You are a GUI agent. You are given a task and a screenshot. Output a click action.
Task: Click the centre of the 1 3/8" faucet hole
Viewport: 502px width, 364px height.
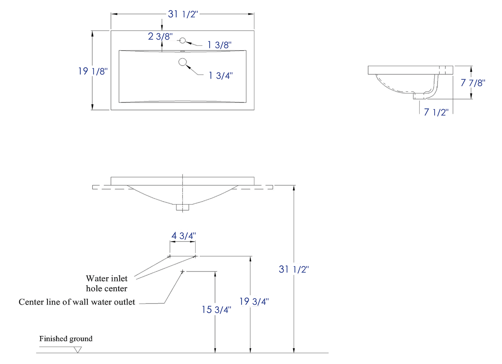point(183,40)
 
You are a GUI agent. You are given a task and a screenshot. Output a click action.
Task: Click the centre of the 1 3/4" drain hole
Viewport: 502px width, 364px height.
point(183,62)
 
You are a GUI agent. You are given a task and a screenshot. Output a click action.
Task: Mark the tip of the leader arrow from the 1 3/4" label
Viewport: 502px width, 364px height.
point(186,65)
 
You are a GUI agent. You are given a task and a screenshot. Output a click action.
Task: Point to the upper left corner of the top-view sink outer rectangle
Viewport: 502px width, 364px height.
point(111,31)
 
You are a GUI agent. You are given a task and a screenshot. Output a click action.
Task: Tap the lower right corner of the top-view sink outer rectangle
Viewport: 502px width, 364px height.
point(254,110)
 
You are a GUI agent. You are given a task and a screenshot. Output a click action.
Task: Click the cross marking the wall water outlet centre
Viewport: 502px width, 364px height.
point(182,271)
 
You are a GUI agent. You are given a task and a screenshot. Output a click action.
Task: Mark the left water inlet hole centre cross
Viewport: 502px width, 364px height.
point(170,256)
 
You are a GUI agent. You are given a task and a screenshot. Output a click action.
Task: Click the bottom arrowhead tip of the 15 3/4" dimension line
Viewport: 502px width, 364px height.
point(215,353)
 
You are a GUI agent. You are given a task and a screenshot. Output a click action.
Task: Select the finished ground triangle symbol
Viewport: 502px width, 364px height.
point(78,350)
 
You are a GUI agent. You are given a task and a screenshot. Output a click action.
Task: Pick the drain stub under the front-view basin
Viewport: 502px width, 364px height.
point(182,207)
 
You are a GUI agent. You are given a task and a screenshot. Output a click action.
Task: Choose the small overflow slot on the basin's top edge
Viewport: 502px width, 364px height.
point(183,51)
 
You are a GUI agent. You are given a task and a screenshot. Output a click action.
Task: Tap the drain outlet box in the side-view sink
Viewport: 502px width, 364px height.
point(420,96)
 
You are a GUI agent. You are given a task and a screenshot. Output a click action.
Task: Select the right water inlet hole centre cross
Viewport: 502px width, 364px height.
point(195,256)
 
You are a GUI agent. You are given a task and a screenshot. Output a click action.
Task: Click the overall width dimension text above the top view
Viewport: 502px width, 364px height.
point(183,14)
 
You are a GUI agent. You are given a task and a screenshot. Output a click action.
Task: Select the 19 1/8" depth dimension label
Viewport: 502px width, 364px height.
point(93,71)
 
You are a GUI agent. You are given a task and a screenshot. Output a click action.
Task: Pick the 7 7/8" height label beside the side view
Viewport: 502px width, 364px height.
point(473,83)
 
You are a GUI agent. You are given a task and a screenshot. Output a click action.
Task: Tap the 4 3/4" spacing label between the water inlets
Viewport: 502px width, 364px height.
point(184,236)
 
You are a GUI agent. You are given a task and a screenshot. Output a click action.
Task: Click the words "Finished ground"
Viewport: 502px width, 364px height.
point(66,338)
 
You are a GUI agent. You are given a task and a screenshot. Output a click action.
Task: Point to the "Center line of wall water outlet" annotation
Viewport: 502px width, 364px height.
point(77,302)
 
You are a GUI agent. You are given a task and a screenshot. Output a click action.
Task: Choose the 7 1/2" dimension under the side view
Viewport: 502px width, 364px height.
point(436,112)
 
